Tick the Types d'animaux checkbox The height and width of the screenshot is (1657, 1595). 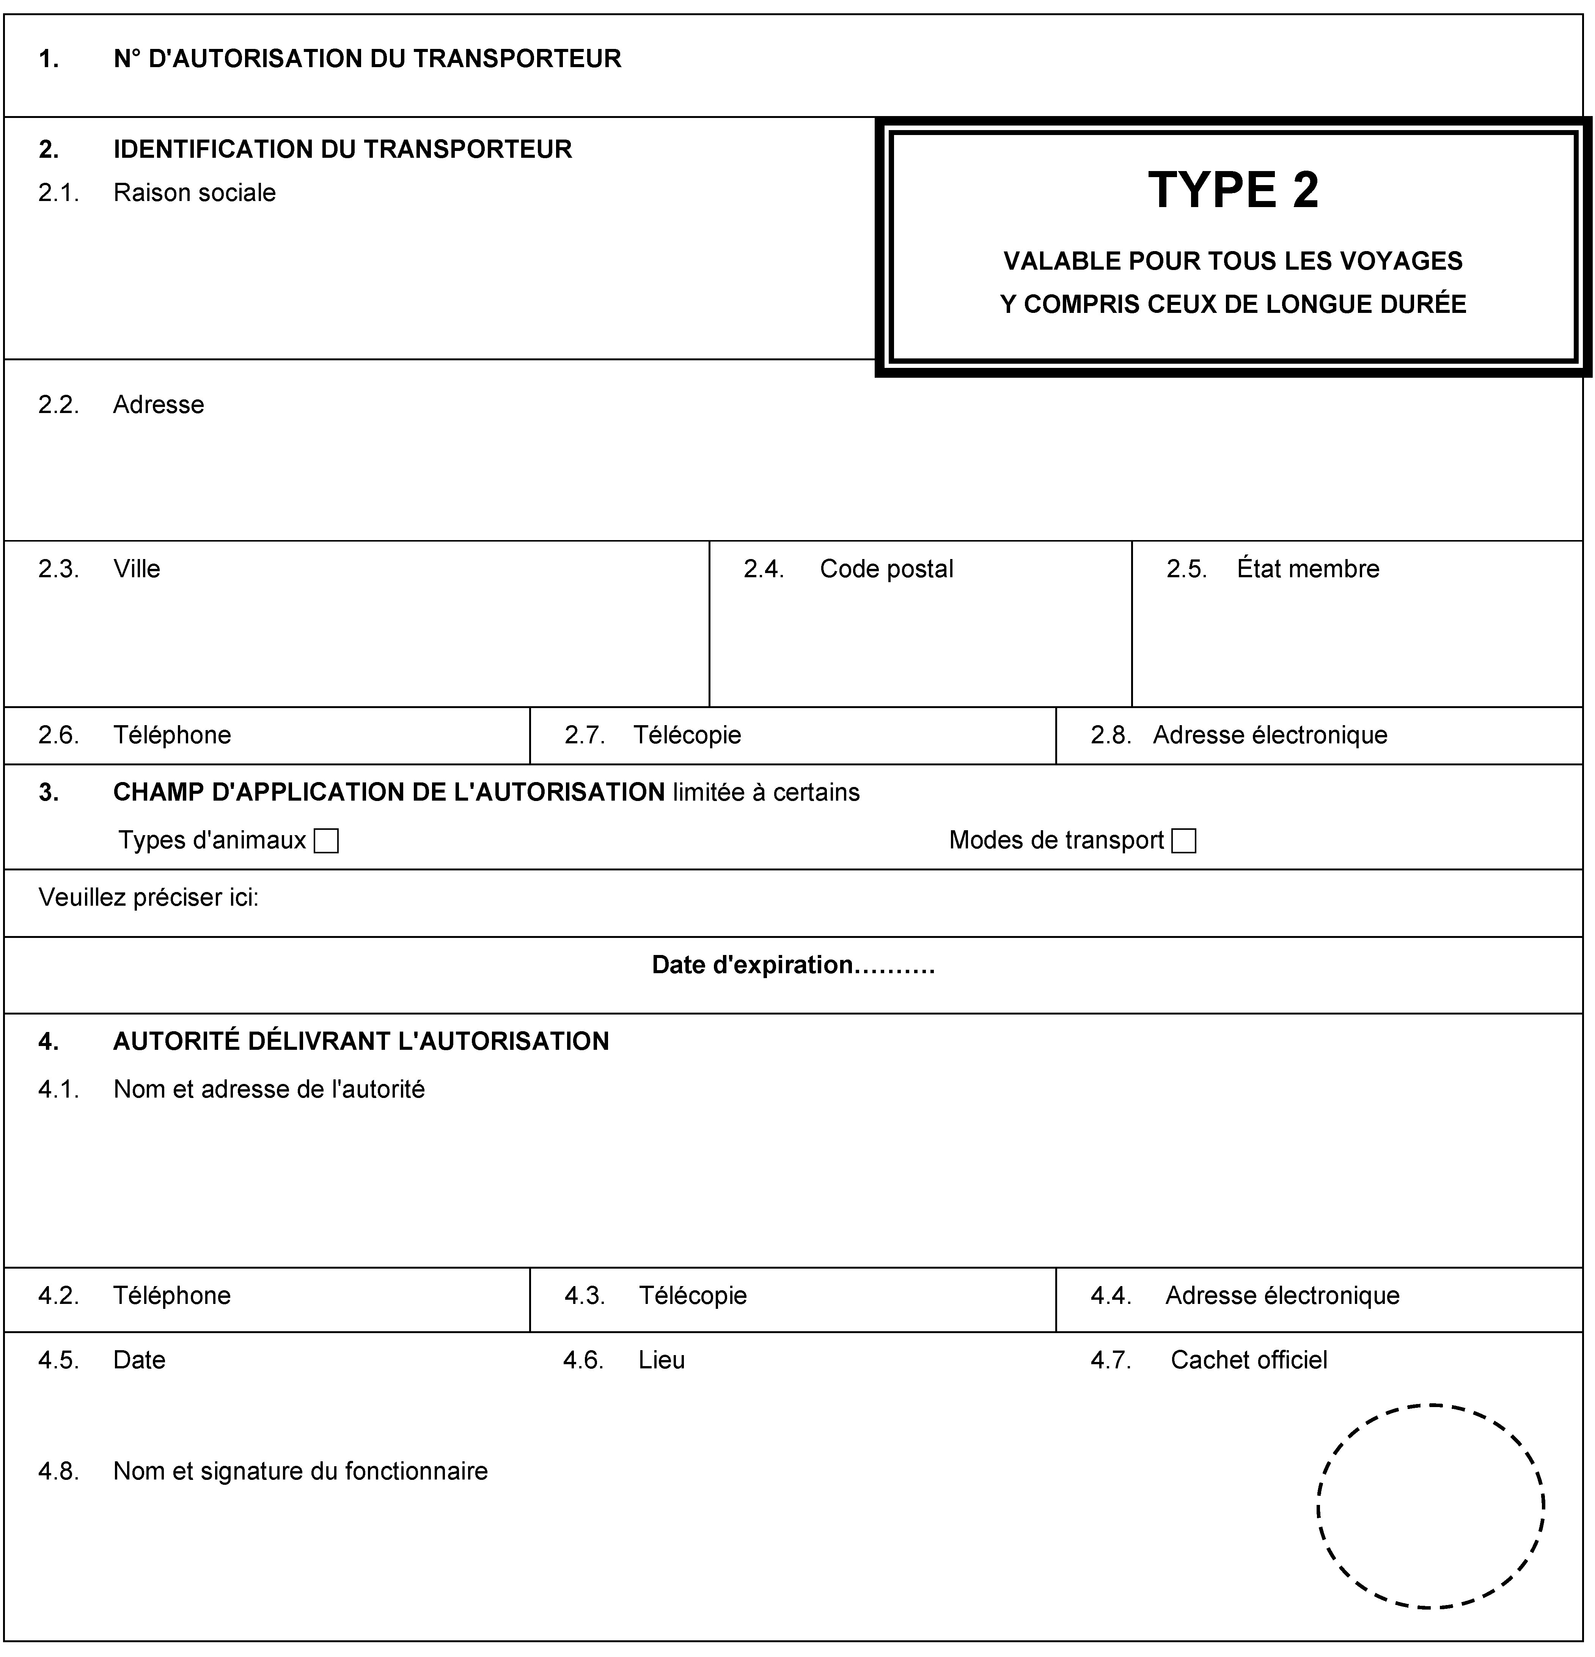pos(325,841)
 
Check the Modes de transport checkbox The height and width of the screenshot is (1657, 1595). pos(1184,841)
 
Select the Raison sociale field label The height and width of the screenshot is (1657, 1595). pos(195,193)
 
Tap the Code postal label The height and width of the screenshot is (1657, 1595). pos(886,569)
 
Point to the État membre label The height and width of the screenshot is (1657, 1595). pos(1307,569)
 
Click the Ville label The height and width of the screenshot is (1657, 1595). pos(137,569)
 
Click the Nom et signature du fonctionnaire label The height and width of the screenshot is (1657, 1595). pos(300,1471)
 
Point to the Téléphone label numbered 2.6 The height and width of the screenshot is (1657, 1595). pos(172,735)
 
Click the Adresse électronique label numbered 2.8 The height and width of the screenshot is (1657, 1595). pos(1270,735)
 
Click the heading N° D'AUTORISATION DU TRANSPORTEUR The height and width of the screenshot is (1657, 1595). pos(367,58)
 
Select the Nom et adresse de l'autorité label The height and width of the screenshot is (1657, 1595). pos(269,1089)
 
